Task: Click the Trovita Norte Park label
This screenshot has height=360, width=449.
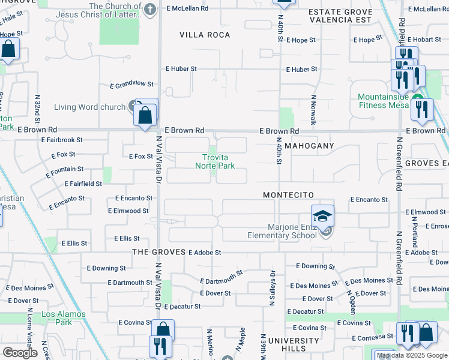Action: click(214, 161)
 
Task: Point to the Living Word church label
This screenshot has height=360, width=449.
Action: click(89, 107)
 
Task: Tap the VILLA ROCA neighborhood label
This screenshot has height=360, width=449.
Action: click(205, 35)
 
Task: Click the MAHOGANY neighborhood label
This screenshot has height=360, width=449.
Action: click(309, 146)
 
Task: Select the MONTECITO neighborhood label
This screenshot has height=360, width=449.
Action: click(289, 196)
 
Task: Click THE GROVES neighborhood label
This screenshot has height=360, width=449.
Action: click(158, 253)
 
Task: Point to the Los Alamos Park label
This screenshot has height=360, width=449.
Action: click(56, 318)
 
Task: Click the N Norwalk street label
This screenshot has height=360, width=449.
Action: click(313, 109)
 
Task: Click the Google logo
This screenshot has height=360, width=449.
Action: click(20, 353)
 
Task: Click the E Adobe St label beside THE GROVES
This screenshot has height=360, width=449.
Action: click(205, 253)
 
